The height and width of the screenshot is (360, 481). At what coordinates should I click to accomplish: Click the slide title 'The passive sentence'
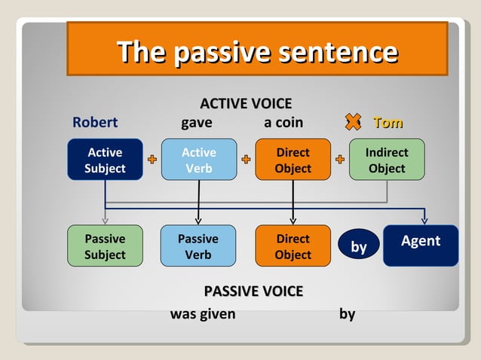pyautogui.click(x=257, y=52)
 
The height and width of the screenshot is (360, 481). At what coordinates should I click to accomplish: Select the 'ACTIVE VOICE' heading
pyautogui.click(x=246, y=104)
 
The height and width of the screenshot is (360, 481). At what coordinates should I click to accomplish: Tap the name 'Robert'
pyautogui.click(x=95, y=123)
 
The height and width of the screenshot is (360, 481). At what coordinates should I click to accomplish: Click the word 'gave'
pyautogui.click(x=197, y=123)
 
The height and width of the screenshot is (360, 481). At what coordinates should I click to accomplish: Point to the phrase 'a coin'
pyautogui.click(x=283, y=123)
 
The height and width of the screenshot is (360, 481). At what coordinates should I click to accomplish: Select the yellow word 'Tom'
pyautogui.click(x=388, y=123)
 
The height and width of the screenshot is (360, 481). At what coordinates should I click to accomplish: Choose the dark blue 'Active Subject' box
pyautogui.click(x=105, y=160)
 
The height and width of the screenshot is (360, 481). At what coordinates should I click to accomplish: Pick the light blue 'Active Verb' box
pyautogui.click(x=198, y=160)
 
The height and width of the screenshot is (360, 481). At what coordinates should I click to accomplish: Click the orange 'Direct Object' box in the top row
pyautogui.click(x=293, y=160)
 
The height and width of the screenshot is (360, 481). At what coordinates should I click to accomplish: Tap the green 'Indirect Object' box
pyautogui.click(x=387, y=160)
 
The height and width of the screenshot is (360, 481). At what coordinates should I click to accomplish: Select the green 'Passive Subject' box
pyautogui.click(x=105, y=246)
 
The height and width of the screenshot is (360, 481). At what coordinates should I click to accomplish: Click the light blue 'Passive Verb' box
pyautogui.click(x=198, y=246)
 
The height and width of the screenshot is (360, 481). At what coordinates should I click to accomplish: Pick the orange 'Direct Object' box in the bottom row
pyautogui.click(x=293, y=246)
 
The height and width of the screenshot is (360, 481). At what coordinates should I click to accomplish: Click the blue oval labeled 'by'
pyautogui.click(x=359, y=247)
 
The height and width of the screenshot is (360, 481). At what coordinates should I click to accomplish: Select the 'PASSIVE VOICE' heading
pyautogui.click(x=253, y=291)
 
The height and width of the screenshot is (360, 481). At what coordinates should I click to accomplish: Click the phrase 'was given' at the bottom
pyautogui.click(x=203, y=314)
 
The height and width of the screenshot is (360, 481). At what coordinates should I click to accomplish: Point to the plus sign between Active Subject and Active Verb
pyautogui.click(x=152, y=160)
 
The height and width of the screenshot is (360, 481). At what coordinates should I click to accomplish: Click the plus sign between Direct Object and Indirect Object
pyautogui.click(x=340, y=160)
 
